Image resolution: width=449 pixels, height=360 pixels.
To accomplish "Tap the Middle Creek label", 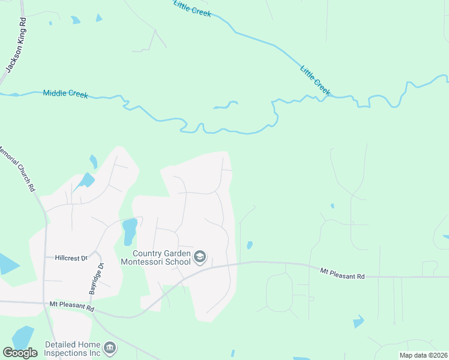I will [x=65, y=94].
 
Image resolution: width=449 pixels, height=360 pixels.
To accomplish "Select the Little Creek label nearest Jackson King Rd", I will [x=192, y=8].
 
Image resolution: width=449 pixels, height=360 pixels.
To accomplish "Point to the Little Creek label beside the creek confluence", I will [x=315, y=79].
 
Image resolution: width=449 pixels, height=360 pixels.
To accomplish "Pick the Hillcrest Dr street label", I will [x=75, y=257].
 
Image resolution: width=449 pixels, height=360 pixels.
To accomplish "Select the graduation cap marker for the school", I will [x=200, y=258].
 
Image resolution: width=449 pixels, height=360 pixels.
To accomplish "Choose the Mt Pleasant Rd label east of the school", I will [x=342, y=273].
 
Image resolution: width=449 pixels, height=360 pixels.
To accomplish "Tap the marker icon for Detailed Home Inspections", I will [x=110, y=348].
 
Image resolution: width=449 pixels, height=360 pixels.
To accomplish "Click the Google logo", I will [x=20, y=353].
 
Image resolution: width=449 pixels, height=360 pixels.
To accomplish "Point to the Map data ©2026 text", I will [x=423, y=355].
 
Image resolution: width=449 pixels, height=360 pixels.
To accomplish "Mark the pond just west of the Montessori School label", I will [x=129, y=232].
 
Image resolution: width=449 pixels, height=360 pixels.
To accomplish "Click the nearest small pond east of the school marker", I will [x=249, y=245].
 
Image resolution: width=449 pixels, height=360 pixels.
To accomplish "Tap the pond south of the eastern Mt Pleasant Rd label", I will [x=358, y=322].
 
